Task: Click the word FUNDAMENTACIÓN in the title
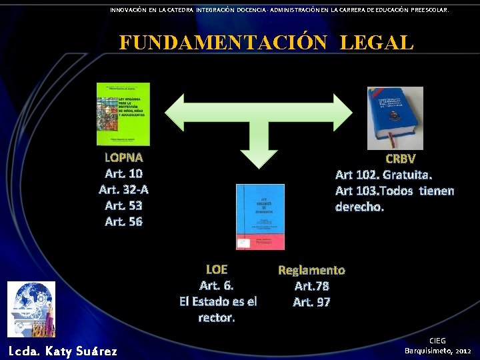tap(223, 42)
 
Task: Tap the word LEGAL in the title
tap(377, 42)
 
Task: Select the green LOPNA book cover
tap(123, 114)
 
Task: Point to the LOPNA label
tap(124, 158)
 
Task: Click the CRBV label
tap(401, 159)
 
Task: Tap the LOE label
tap(217, 269)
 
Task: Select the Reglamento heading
tap(311, 270)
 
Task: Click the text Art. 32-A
tap(124, 189)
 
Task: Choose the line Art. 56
tap(124, 221)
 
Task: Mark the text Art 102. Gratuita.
tap(384, 175)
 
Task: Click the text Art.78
tap(312, 286)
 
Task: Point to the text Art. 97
tap(312, 302)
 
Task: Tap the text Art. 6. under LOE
tap(217, 285)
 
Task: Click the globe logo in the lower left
tap(31, 309)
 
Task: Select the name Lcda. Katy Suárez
tap(63, 351)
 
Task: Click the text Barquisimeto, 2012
tap(438, 350)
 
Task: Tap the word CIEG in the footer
tap(437, 340)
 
